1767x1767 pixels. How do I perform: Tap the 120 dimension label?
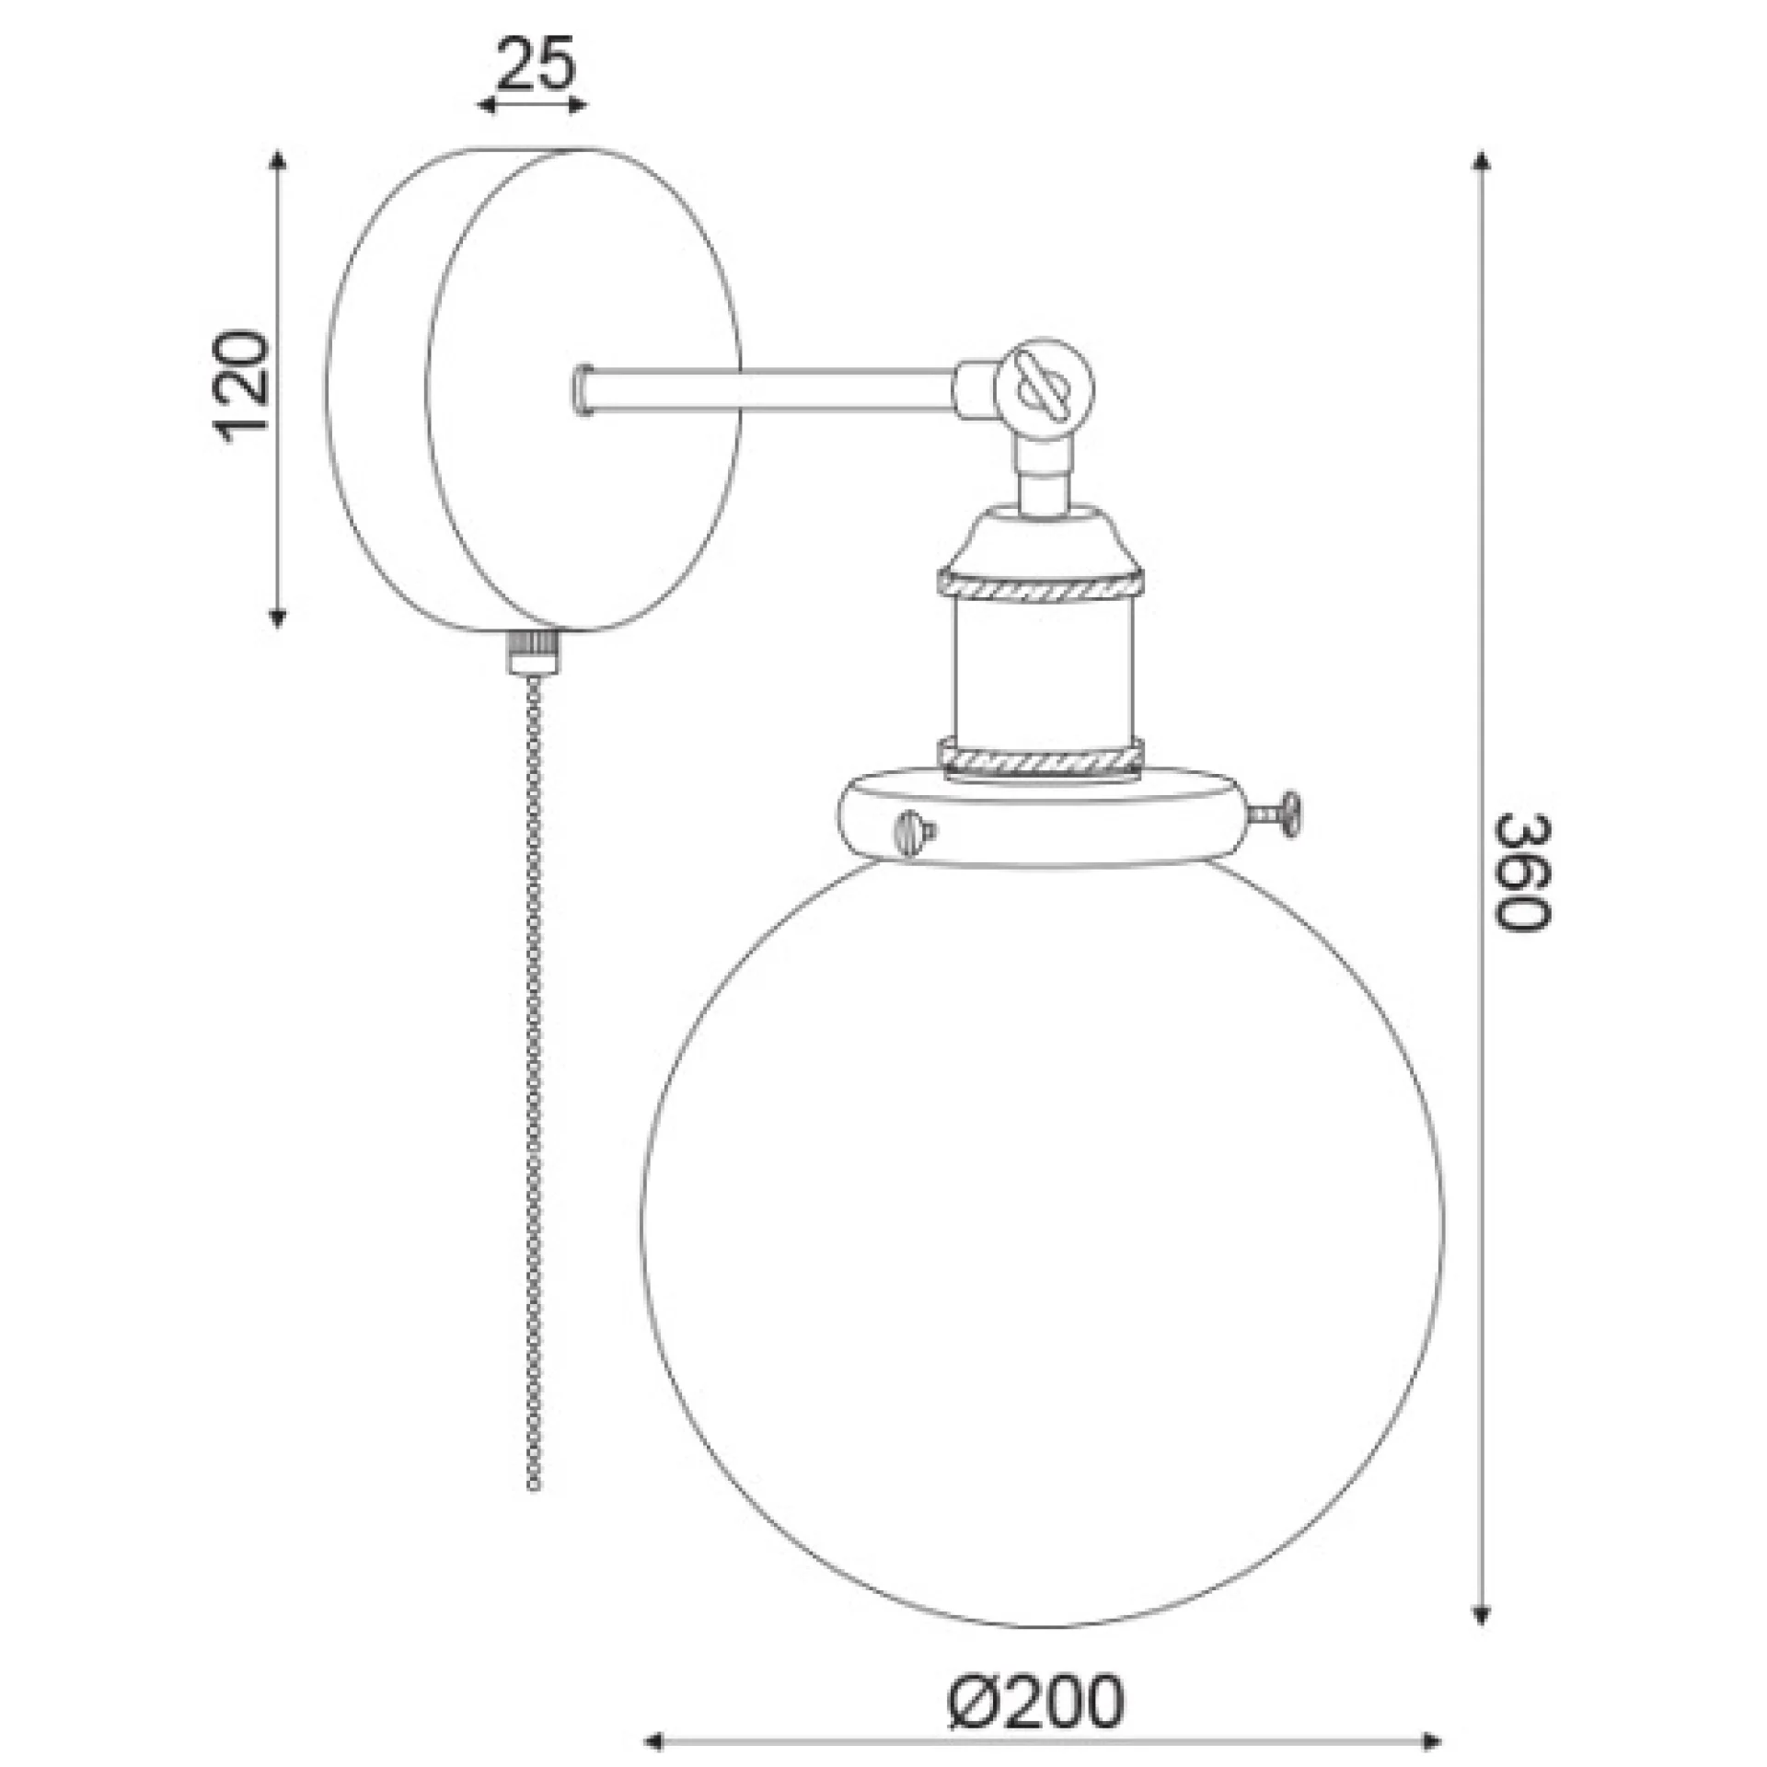click(x=241, y=386)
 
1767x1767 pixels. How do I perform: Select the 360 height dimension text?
click(x=1522, y=872)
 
